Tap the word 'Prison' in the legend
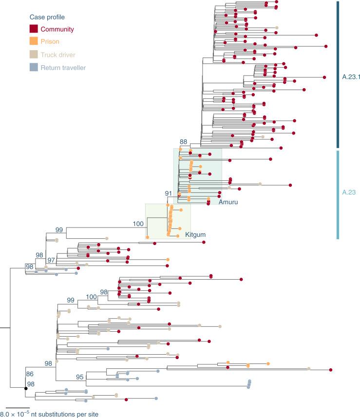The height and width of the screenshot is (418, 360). click(50, 42)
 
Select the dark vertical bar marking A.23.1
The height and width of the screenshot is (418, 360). click(337, 74)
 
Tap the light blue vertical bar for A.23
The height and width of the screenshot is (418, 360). click(337, 194)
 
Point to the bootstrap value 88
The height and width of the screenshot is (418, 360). click(183, 142)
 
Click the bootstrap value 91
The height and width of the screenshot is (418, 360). click(169, 194)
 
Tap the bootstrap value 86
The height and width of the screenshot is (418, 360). click(30, 374)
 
